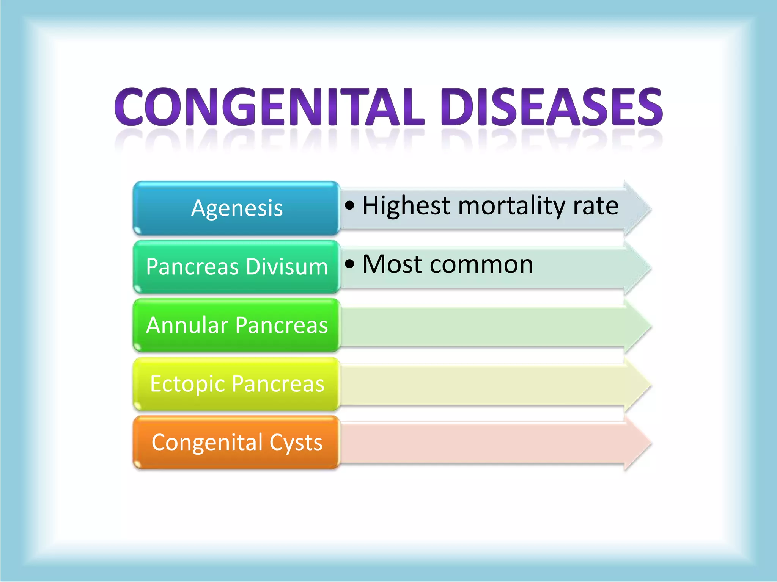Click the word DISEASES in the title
(x=552, y=107)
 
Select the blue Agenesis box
(x=236, y=208)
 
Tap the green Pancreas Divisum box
(x=236, y=266)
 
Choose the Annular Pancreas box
(x=236, y=325)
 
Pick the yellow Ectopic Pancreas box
(x=236, y=384)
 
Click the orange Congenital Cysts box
(x=236, y=442)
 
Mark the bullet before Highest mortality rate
(x=350, y=206)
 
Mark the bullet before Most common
(x=350, y=264)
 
